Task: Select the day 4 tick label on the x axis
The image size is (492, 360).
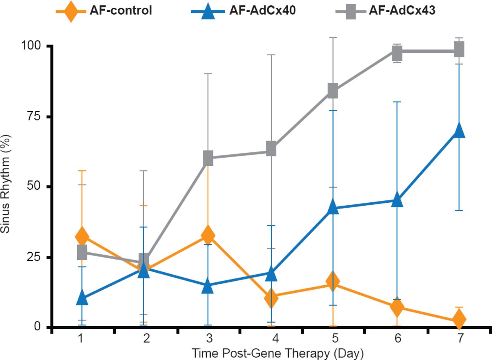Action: (x=271, y=338)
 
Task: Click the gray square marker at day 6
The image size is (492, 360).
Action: (x=397, y=53)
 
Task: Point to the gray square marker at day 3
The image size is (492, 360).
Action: (x=208, y=158)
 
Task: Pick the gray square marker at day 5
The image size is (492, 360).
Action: (x=333, y=91)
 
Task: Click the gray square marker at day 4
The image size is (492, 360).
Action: (x=271, y=148)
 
